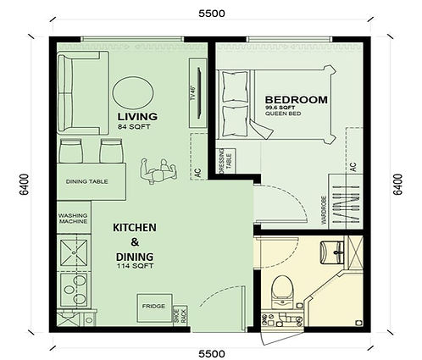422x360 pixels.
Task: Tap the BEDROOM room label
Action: [297, 99]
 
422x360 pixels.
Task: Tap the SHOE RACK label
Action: [177, 314]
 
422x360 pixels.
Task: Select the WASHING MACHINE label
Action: [74, 219]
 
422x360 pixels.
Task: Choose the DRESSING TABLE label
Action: [223, 164]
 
